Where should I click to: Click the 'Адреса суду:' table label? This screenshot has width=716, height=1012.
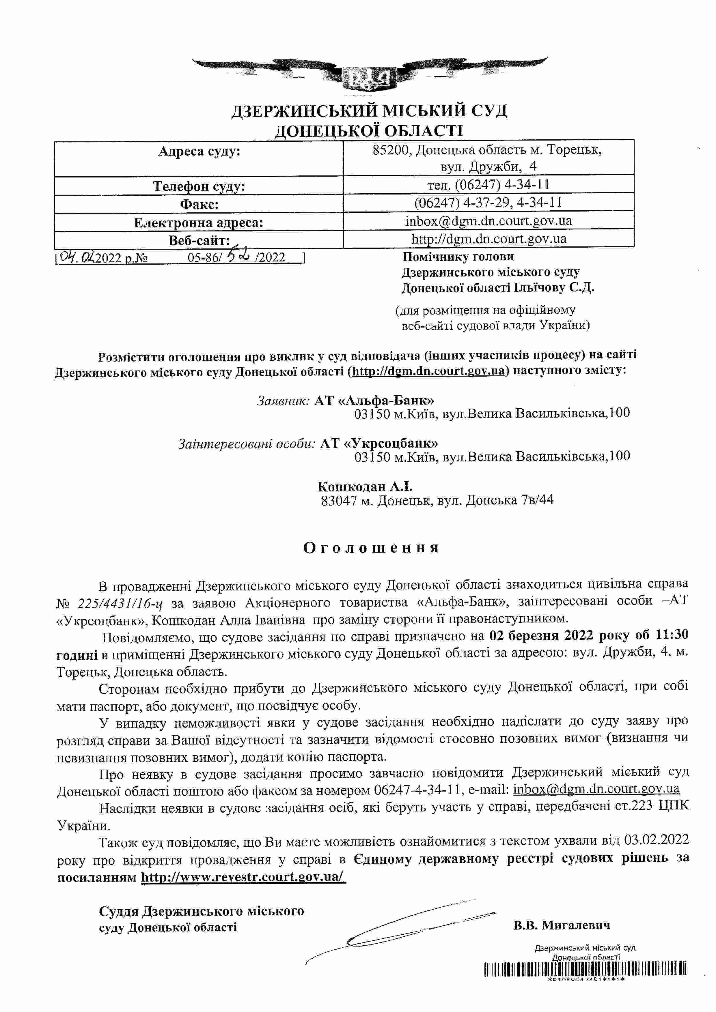(x=199, y=151)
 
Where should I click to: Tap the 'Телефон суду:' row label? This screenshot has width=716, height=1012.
(x=199, y=186)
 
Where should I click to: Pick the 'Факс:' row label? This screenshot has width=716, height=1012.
(x=199, y=205)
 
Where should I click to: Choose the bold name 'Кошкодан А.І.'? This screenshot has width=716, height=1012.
(x=365, y=486)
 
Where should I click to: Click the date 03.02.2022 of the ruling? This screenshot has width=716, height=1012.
(x=656, y=840)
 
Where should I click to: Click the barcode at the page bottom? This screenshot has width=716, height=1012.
(x=585, y=969)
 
